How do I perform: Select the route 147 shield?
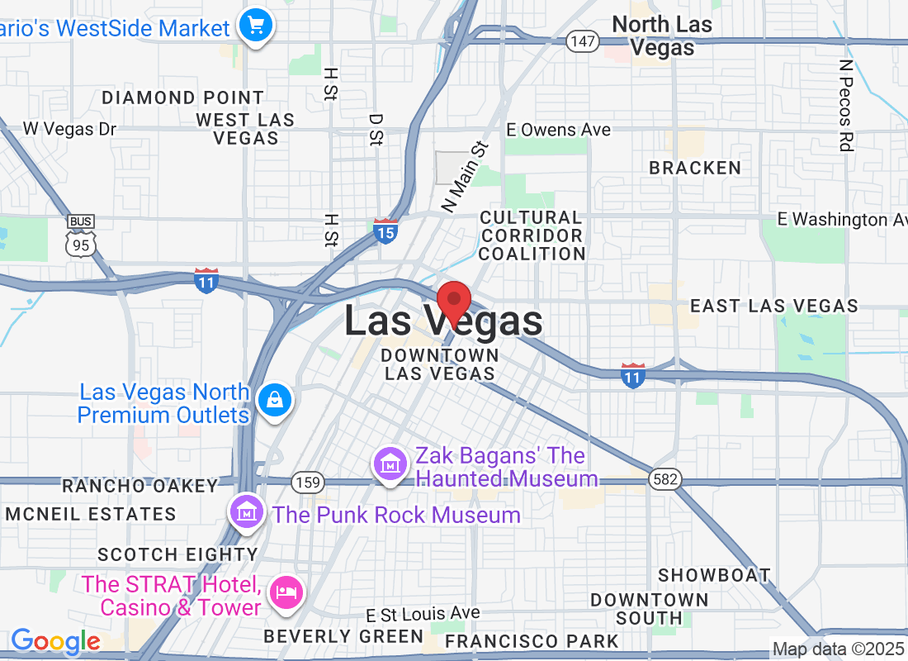pos(582,41)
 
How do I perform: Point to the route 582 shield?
pos(664,479)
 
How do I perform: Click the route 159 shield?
pos(305,481)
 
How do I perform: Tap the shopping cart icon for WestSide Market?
pos(255,26)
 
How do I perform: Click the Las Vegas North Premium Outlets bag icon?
pos(273,401)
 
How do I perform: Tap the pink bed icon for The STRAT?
pos(286,592)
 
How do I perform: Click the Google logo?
pos(55,641)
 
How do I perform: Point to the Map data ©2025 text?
pos(838,649)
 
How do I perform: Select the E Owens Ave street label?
pos(559,130)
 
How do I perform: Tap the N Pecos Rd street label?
pos(844,105)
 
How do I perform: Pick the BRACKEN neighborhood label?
pos(695,168)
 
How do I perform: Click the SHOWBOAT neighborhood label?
pos(714,575)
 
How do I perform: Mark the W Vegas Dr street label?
pos(69,129)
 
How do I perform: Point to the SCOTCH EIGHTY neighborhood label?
pos(177,554)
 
